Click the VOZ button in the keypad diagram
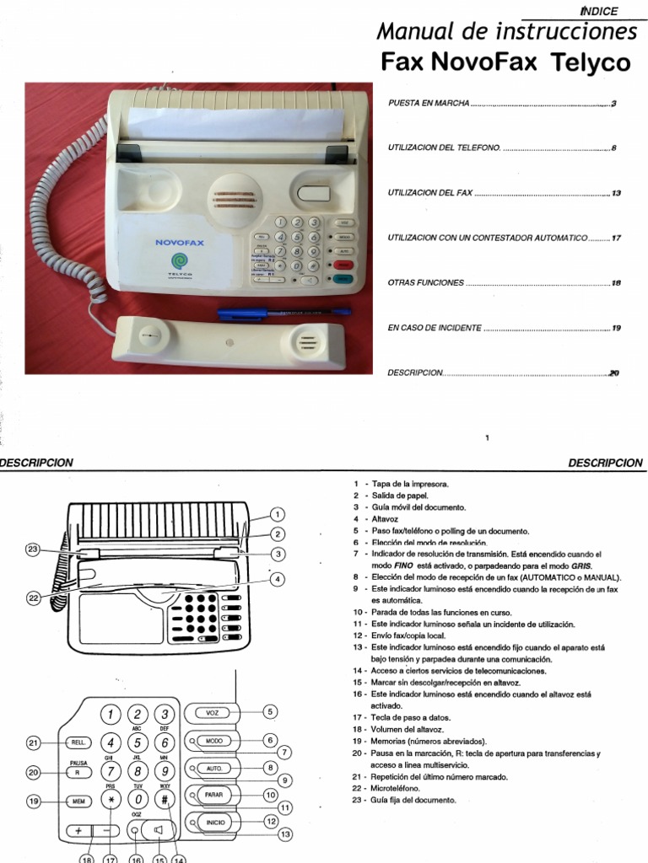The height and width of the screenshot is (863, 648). [212, 712]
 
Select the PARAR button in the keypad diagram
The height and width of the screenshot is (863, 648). [212, 795]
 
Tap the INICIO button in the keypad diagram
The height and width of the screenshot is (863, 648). [212, 823]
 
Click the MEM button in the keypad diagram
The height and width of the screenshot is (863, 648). [78, 801]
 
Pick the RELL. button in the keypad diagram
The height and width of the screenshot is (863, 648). [78, 742]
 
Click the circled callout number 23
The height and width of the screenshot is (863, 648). [33, 549]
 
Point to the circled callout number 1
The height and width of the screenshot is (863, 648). [278, 514]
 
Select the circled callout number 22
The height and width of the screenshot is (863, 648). [33, 598]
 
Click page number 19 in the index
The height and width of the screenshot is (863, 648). [616, 328]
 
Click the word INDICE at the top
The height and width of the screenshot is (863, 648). [600, 11]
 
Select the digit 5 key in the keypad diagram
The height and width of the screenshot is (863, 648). [138, 742]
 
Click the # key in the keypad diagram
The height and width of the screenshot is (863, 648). [165, 799]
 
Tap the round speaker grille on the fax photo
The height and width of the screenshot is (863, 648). [235, 198]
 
